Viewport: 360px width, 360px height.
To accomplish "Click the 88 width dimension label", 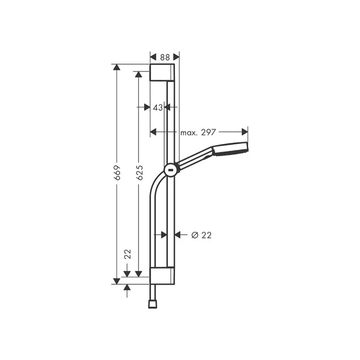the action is pos(165,57).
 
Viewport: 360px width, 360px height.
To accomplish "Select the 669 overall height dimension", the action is pos(117,173).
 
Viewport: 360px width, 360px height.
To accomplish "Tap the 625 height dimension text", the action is pos(139,173).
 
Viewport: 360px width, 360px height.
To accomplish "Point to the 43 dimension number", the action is pos(158,108).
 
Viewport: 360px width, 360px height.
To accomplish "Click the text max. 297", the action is pos(198,132).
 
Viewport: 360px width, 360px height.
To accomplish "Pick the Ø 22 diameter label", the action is pos(201,235).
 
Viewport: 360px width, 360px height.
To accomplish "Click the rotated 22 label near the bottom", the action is pos(127,254).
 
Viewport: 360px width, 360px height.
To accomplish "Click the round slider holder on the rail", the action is pos(171,170).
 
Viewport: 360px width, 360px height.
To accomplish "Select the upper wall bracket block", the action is pos(162,72).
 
